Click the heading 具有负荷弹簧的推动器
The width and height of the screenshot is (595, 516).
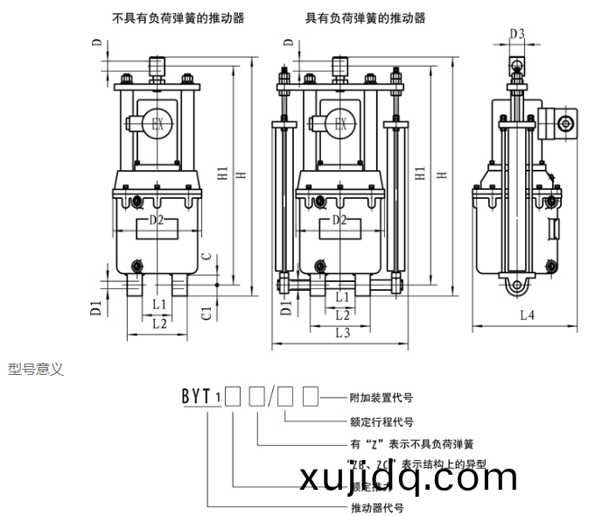(364, 17)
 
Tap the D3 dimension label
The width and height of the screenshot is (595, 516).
(516, 34)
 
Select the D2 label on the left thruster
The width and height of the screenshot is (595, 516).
(157, 220)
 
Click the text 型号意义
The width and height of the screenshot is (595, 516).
(36, 369)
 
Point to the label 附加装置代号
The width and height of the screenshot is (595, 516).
(380, 396)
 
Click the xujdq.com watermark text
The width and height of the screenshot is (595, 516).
(408, 478)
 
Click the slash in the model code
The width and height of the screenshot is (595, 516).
(273, 397)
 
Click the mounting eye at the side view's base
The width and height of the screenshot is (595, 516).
(516, 286)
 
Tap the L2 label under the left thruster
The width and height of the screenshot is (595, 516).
(159, 322)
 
